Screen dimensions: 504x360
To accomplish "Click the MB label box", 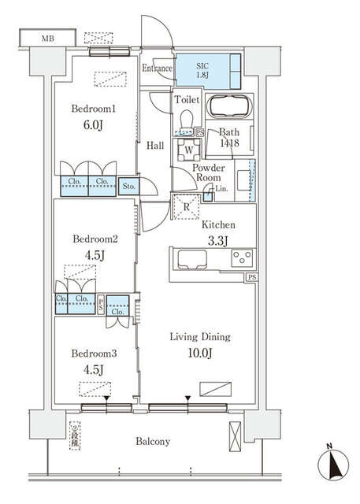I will point(48,38).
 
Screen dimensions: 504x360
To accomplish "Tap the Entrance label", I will point(157,69).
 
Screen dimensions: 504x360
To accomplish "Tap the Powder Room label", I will point(209,173).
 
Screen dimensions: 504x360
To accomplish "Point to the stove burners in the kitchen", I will point(241,257).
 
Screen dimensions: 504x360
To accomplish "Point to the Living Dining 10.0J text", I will point(200,344).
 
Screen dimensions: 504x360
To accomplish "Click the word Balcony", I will point(151,441).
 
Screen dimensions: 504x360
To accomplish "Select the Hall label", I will point(154,145).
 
